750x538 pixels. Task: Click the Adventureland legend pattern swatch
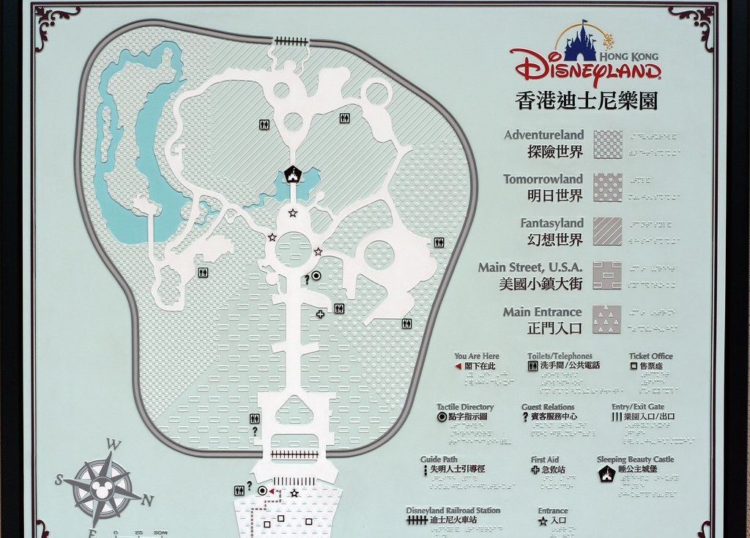(607, 144)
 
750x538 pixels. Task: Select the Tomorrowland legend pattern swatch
(607, 188)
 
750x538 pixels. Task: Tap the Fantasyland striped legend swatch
(607, 232)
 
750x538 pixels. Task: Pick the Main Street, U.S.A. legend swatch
(607, 276)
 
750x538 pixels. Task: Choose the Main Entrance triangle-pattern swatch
(607, 320)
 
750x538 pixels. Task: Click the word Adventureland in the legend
(543, 135)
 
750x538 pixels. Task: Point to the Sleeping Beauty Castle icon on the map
(293, 174)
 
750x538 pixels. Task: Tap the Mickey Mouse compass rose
(102, 484)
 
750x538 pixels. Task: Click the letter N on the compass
(147, 501)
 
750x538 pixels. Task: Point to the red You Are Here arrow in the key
(458, 366)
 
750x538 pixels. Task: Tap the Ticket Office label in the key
(650, 356)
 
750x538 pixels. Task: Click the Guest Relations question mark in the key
(525, 417)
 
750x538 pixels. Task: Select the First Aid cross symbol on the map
(320, 314)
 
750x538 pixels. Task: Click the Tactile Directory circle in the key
(442, 416)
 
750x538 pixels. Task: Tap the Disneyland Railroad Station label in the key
(453, 510)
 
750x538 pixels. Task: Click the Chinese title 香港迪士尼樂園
(586, 100)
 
